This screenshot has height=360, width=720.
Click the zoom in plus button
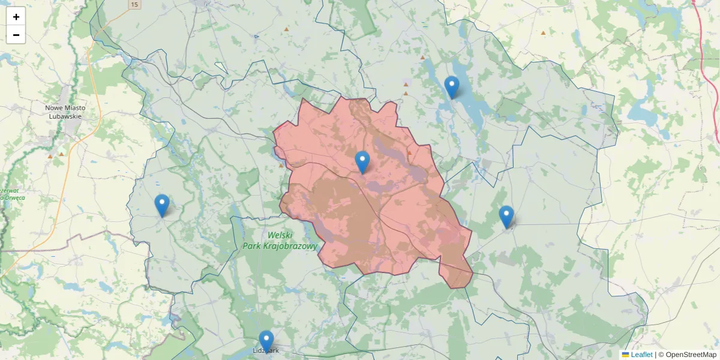pos(16,17)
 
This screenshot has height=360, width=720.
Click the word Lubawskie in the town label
pos(65,116)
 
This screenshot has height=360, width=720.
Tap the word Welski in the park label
pos(280,235)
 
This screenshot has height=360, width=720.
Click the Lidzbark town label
pos(265,350)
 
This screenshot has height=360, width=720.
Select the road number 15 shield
pos(134,4)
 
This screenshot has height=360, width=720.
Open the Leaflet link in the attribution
pos(641,355)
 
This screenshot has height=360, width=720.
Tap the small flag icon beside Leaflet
pos(625,355)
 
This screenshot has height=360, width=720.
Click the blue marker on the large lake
pos(452,87)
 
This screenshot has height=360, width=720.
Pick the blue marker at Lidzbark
pos(266,341)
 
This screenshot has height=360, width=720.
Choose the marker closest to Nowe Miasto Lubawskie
pos(162,205)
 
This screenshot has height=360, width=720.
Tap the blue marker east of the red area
pos(506,217)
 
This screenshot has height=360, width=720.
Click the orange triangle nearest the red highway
pos(543,33)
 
